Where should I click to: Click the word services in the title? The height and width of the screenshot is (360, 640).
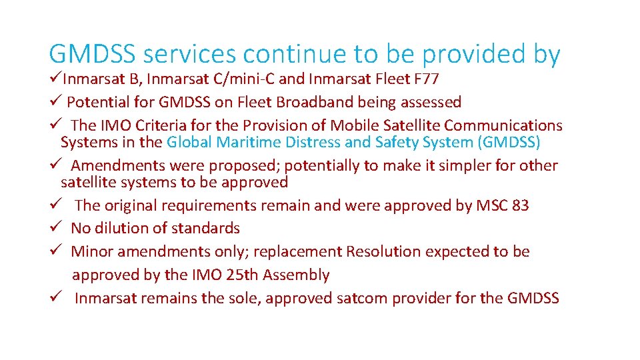pos(191,55)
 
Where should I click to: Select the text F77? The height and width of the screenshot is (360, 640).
pos(426,80)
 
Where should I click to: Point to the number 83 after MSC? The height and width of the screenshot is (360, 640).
pos(521,205)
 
